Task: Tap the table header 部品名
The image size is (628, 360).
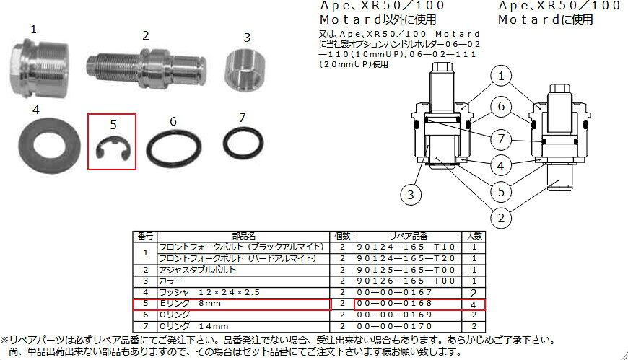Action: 243,236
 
